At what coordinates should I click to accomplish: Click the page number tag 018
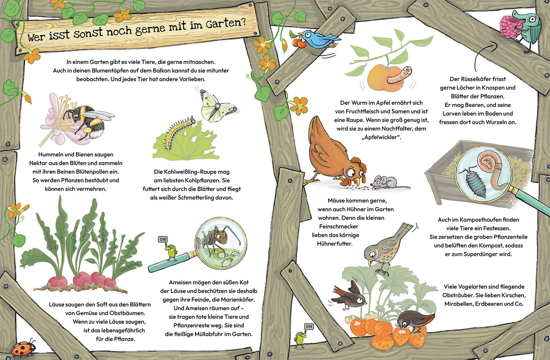[x=163, y=239]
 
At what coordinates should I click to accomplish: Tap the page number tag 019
[x=309, y=327]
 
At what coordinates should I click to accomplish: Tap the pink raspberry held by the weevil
[x=511, y=27]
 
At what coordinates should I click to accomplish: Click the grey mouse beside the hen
[x=384, y=182]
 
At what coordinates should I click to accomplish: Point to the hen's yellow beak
[x=356, y=182]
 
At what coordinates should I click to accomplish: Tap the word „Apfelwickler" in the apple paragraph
[x=381, y=137]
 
